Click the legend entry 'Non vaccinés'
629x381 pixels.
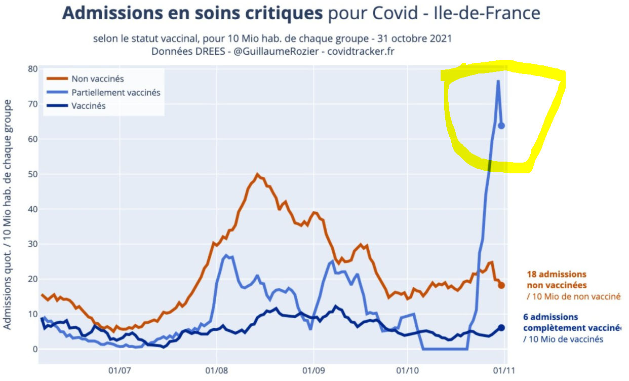(97, 79)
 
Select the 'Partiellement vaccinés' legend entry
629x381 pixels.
(115, 92)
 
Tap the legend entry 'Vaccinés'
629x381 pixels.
(88, 106)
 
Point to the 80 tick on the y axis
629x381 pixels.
(32, 69)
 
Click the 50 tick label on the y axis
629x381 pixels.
(32, 174)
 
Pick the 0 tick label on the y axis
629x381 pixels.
(34, 349)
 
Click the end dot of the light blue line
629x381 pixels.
(501, 126)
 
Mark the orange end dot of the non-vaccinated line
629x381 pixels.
(501, 285)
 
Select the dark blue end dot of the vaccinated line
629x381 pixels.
(501, 328)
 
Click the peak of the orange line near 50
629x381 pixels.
(257, 174)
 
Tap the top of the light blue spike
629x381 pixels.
(498, 81)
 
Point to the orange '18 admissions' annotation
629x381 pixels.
(557, 274)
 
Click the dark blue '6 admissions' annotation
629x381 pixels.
(551, 317)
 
